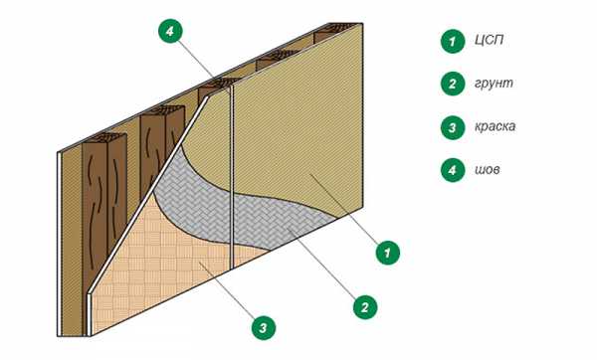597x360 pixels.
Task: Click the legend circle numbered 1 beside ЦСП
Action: (453, 41)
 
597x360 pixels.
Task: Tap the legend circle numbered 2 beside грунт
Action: (453, 84)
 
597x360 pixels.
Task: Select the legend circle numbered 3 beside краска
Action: (453, 127)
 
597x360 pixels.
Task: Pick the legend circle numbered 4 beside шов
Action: (453, 170)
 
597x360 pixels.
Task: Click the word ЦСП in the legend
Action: (489, 40)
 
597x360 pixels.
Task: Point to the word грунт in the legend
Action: (494, 84)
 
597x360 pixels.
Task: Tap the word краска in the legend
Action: (495, 126)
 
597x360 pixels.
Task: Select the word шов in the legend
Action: (488, 169)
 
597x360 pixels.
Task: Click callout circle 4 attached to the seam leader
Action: (170, 31)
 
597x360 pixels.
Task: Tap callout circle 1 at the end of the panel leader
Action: (388, 253)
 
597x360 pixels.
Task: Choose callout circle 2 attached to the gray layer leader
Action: (365, 306)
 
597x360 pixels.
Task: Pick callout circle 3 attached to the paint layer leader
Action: (263, 327)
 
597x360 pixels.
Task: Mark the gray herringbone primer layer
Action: (229, 206)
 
